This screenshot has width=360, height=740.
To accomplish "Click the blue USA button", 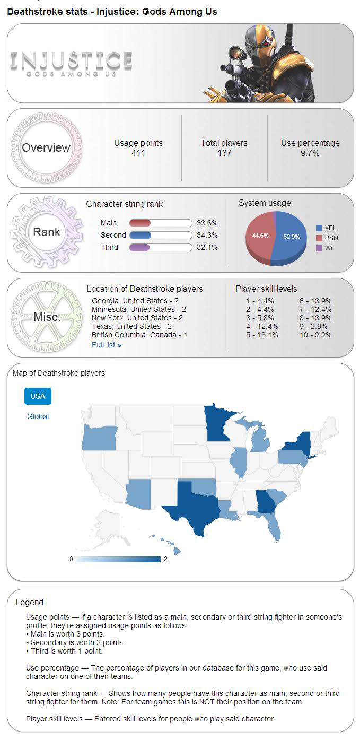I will tap(38, 396).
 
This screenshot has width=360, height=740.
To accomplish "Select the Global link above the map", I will tap(38, 416).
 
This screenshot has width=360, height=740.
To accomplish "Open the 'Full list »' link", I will tap(106, 345).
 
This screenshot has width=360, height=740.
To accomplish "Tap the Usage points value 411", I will tap(138, 153).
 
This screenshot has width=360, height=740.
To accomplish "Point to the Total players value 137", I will tap(224, 153).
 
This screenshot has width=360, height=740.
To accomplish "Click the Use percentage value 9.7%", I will tap(310, 153).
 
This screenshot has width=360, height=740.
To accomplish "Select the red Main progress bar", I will tap(141, 223).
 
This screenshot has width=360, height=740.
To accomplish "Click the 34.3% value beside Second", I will tap(207, 235).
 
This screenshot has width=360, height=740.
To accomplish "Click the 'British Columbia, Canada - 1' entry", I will tap(139, 335).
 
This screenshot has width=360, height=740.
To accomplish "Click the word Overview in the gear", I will tap(46, 148).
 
